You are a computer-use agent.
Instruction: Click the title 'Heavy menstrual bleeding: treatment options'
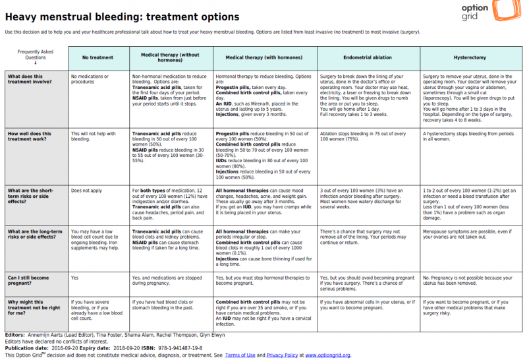(122, 16)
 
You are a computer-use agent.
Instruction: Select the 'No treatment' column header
(97, 58)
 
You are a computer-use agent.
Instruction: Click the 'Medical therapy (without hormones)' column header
(171, 58)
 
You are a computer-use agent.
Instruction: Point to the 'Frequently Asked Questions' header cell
(36, 57)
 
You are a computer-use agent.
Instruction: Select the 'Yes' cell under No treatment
(74, 278)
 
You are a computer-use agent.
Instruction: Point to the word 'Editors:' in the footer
(16, 334)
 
